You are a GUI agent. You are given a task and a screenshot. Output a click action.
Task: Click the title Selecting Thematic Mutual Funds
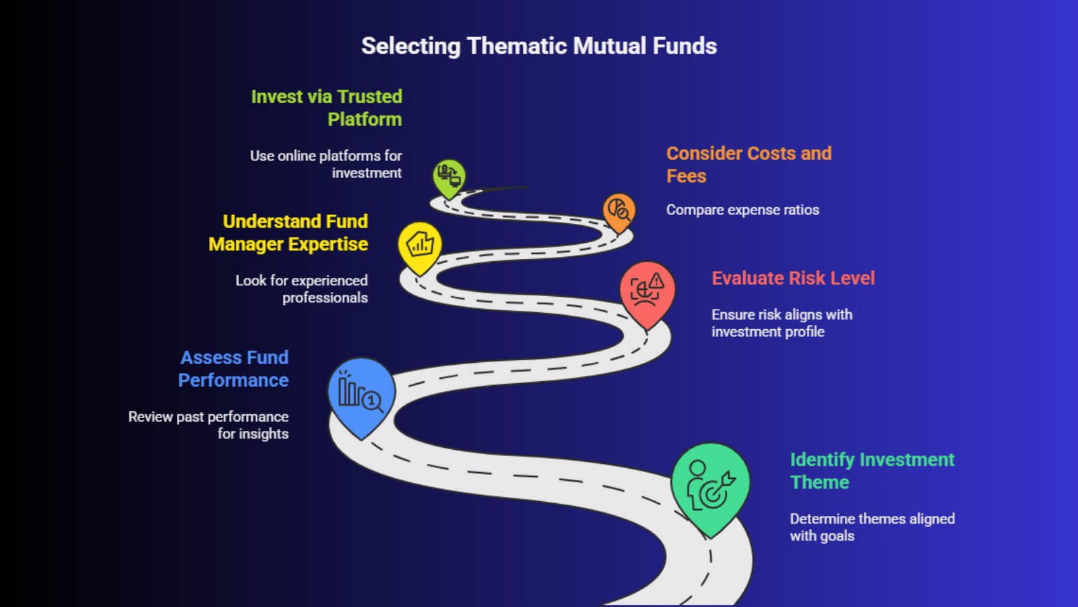(539, 46)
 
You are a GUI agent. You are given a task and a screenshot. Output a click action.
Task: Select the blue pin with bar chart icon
(361, 394)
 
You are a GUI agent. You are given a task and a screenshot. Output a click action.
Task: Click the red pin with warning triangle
(647, 292)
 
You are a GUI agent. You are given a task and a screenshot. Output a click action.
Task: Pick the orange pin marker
(619, 211)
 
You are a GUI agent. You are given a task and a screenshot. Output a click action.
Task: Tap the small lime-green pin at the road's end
(449, 177)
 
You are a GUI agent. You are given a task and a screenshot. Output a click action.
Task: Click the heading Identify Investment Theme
(872, 471)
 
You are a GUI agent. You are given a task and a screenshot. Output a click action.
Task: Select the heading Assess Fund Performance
(233, 369)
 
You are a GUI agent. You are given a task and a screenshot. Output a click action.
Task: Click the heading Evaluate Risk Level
(793, 278)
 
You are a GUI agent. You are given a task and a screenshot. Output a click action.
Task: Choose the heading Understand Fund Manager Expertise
(288, 233)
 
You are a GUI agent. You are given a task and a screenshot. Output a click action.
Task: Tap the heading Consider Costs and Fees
(749, 165)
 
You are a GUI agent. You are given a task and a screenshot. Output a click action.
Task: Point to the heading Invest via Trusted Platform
(327, 108)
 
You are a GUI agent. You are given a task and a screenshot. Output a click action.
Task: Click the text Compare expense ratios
(742, 210)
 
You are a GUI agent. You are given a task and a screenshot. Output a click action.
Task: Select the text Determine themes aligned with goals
(872, 527)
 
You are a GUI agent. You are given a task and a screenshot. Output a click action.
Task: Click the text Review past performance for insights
(209, 425)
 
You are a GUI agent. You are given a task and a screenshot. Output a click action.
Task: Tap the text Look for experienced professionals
(302, 289)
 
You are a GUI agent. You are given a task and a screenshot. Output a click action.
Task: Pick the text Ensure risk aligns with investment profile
(782, 323)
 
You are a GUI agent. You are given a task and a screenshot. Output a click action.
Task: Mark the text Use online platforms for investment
(326, 164)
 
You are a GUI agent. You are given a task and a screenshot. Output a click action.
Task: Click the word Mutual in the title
(610, 46)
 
